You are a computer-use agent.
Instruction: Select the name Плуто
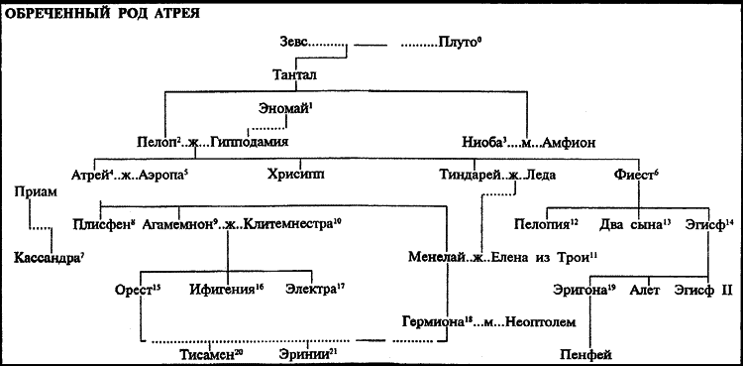(459, 45)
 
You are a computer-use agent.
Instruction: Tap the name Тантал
(296, 73)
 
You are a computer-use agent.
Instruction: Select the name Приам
(35, 192)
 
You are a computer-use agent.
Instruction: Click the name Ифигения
(230, 290)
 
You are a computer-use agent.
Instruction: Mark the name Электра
(311, 290)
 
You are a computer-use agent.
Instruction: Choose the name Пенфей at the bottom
(588, 354)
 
